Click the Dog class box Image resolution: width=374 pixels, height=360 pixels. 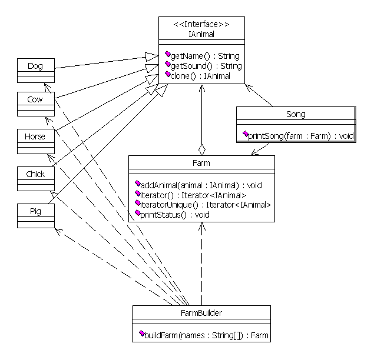36,71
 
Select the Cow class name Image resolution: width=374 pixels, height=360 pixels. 35,99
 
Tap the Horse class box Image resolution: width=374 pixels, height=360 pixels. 36,142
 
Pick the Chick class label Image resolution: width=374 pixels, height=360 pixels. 35,174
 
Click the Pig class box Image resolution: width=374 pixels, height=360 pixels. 36,216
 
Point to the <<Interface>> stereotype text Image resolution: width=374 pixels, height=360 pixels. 201,24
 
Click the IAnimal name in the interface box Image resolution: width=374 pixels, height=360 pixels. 201,34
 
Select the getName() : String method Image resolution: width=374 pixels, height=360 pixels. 205,56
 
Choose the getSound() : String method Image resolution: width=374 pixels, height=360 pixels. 206,66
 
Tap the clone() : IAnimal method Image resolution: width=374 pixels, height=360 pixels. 200,76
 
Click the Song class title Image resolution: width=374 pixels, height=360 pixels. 296,114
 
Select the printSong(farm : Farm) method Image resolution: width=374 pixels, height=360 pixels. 301,136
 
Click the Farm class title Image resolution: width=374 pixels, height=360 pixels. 201,163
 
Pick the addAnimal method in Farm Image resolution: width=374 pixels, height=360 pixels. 201,185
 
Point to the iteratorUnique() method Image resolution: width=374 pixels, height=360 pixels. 206,205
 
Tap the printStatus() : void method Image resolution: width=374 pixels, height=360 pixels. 175,215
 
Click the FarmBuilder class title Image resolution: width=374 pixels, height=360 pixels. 201,313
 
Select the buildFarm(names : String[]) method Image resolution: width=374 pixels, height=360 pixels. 206,335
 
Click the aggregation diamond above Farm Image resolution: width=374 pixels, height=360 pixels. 202,150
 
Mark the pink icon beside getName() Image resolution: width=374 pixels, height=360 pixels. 168,54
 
